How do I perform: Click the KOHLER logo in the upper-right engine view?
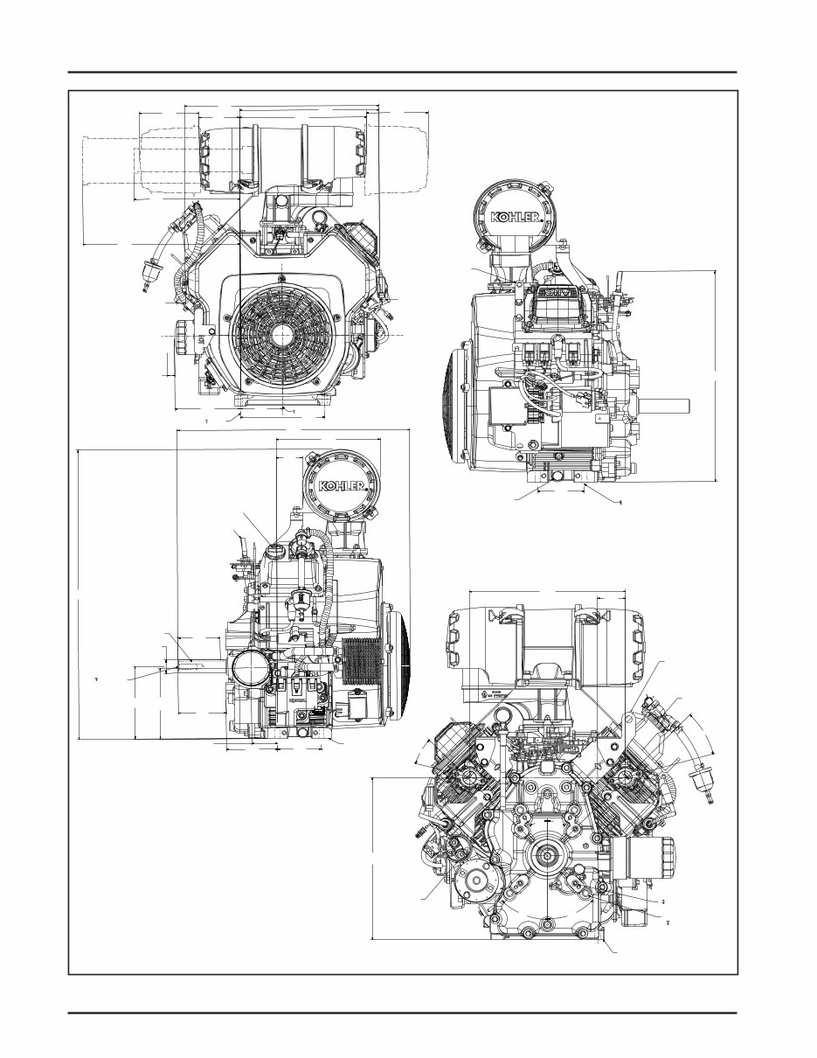click(x=516, y=217)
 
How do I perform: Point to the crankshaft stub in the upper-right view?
click(x=668, y=406)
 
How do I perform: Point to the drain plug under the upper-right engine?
click(x=556, y=477)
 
